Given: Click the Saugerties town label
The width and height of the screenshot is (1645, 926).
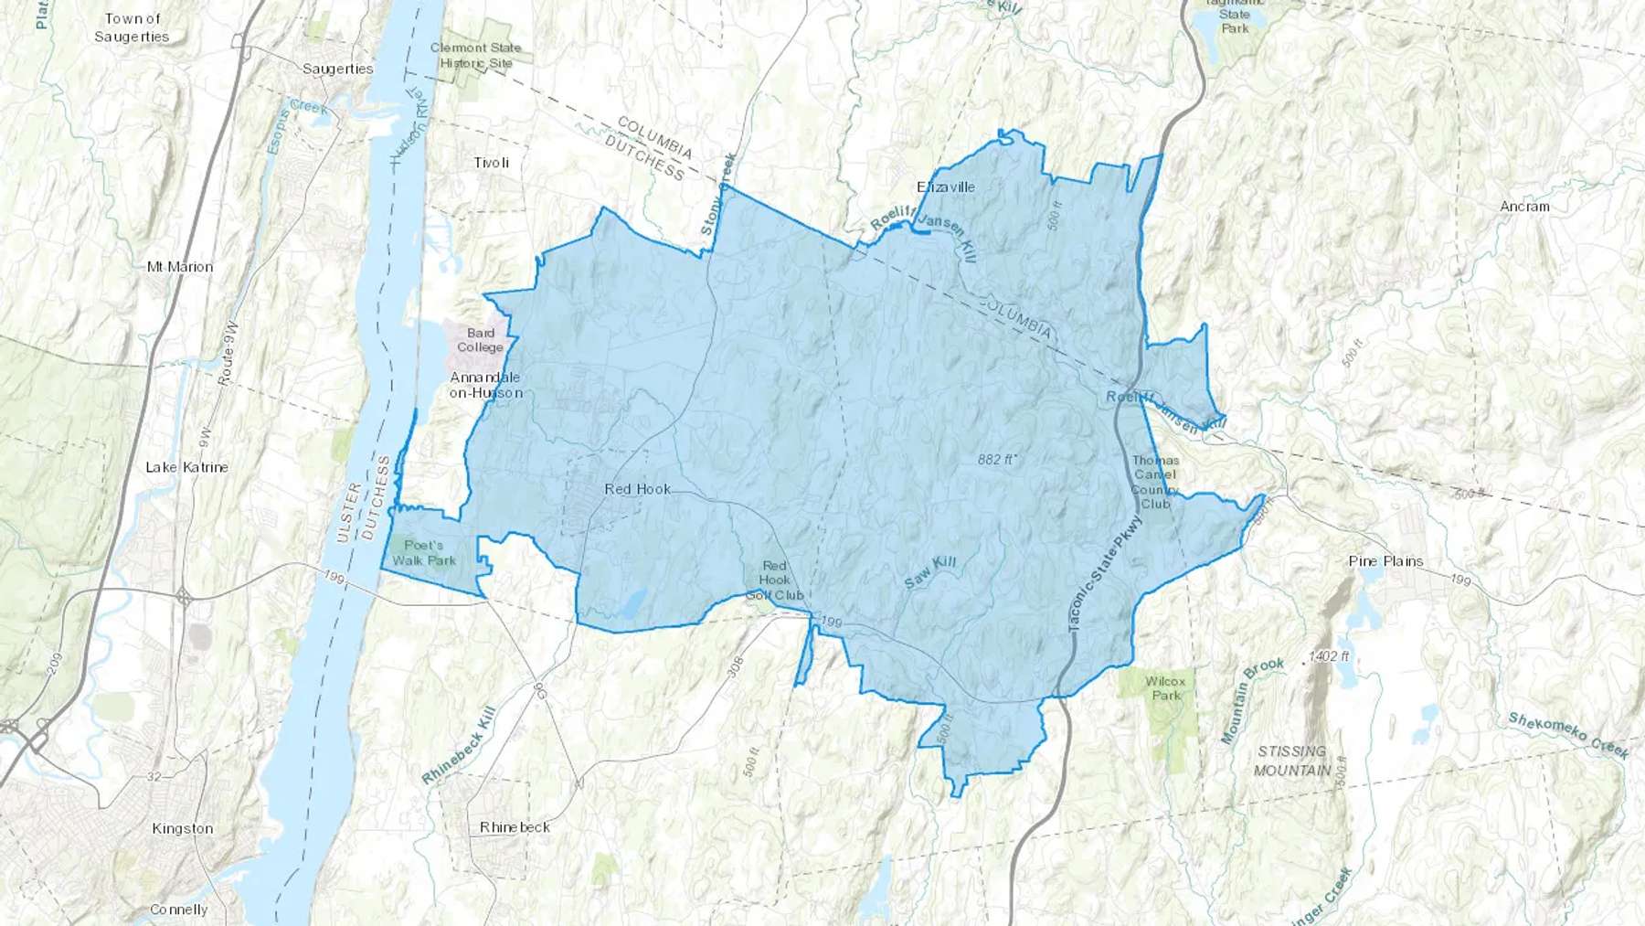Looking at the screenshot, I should click(337, 69).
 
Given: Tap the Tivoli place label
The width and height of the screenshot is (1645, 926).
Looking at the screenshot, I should click(491, 163).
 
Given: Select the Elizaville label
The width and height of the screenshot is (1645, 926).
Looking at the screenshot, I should click(945, 186).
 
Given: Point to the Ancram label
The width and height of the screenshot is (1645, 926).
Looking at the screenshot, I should click(1523, 207).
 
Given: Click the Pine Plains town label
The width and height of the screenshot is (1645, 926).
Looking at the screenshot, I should click(1385, 561).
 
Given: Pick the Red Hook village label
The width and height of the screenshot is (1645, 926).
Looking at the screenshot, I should click(637, 489).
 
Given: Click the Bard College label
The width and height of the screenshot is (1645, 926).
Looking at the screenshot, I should click(480, 340).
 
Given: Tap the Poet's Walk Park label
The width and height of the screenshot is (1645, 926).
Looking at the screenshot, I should click(423, 553).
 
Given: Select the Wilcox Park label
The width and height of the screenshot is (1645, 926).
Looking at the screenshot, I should click(1165, 688).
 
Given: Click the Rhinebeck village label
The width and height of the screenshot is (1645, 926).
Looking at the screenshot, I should click(515, 827).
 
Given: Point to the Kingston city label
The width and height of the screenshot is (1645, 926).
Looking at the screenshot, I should click(182, 829).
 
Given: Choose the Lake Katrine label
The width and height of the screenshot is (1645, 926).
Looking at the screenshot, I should click(186, 467).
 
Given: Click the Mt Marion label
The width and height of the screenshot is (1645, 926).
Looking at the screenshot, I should click(180, 267).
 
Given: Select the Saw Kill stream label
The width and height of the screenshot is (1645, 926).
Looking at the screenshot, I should click(929, 571).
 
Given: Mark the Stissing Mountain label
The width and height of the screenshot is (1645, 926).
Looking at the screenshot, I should click(1291, 761).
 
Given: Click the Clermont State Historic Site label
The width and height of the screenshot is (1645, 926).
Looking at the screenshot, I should click(475, 55).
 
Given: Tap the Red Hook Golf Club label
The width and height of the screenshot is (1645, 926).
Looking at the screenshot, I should click(774, 580).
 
